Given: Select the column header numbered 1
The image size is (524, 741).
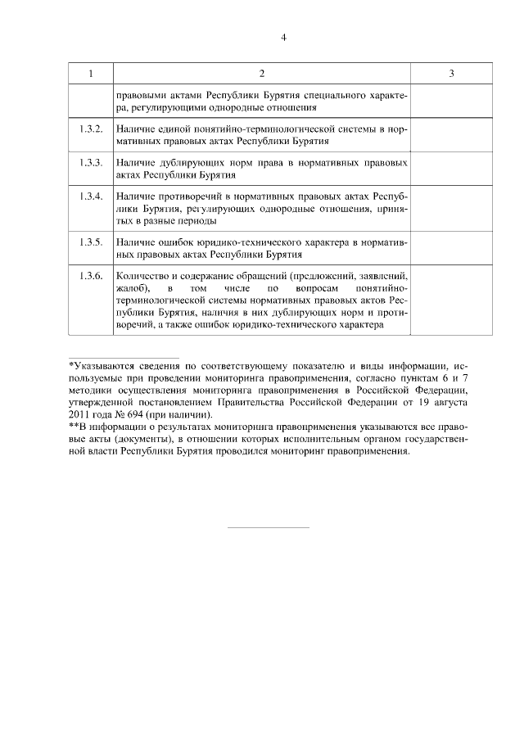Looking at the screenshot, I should pyautogui.click(x=90, y=75).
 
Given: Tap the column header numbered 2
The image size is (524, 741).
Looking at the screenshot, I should pyautogui.click(x=261, y=75).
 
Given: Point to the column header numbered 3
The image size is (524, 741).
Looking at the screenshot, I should pyautogui.click(x=451, y=75).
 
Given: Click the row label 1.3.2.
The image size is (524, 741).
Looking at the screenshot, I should pyautogui.click(x=91, y=131).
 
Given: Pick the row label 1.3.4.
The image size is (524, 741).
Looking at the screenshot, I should pyautogui.click(x=91, y=197).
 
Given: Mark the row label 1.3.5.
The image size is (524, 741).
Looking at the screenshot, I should pyautogui.click(x=91, y=243).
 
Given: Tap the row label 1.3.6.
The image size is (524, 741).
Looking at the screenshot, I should pyautogui.click(x=91, y=276).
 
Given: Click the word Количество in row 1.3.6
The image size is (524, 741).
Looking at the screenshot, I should pyautogui.click(x=142, y=276).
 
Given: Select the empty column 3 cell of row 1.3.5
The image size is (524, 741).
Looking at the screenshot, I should pyautogui.click(x=451, y=249).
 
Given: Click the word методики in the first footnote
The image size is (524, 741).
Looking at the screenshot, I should pyautogui.click(x=92, y=391).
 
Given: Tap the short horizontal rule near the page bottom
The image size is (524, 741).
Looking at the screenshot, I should pyautogui.click(x=268, y=527).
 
